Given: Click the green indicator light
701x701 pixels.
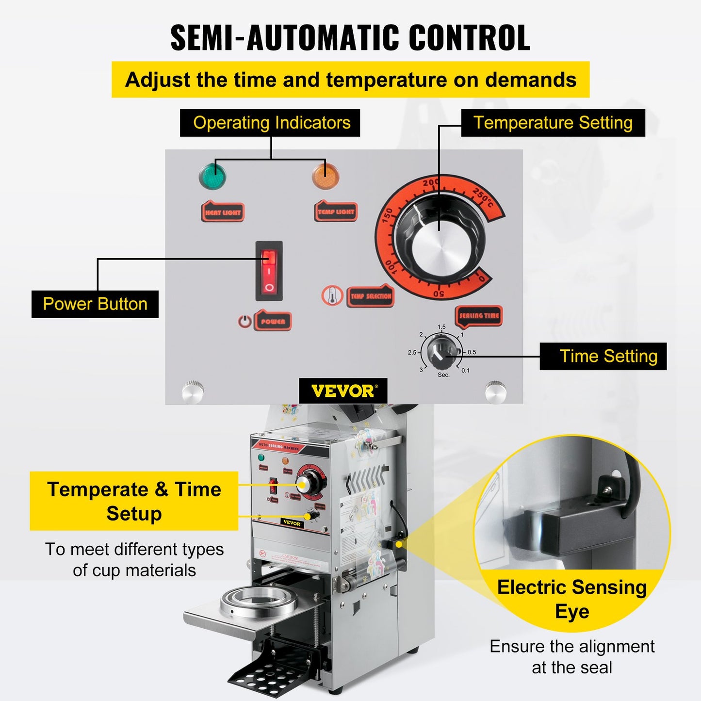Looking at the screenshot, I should [212, 176].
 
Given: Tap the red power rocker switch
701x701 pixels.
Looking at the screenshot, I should [269, 271].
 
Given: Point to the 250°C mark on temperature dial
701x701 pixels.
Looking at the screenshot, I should [483, 197].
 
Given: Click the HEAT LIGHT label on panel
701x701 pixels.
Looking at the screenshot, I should [223, 212].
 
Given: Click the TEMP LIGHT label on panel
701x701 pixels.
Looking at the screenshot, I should [336, 212].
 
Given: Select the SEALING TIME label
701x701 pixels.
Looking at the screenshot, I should [479, 315].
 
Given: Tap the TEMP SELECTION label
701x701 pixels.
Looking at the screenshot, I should [371, 296].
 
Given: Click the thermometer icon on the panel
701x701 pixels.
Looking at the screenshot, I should [332, 295].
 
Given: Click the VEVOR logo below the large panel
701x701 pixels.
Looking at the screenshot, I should [343, 391].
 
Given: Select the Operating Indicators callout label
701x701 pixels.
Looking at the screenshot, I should [270, 123].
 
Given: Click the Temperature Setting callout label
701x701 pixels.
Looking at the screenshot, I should [553, 123].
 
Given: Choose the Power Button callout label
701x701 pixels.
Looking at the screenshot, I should [95, 304].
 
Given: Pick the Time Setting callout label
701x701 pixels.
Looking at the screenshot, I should [603, 357].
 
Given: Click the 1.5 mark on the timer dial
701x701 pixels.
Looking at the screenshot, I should [441, 327].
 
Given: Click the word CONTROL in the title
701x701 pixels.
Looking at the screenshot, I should [469, 38].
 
